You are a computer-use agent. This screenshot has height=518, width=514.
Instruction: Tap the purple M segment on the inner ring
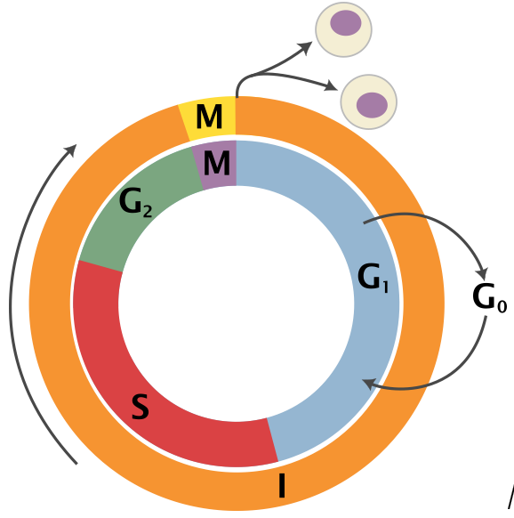[x=217, y=164]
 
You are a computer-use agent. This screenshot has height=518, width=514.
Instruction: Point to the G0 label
[x=488, y=296]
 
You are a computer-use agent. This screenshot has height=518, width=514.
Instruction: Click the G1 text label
[x=374, y=279]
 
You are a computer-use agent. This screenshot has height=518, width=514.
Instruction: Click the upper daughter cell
[x=344, y=28]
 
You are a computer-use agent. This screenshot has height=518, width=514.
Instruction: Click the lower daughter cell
[x=369, y=101]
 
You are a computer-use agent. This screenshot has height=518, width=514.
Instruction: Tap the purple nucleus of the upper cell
[x=345, y=23]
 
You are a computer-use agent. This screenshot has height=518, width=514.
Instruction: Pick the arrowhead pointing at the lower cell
[x=333, y=87]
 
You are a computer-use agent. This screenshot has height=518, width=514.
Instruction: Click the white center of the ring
[x=236, y=303]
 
